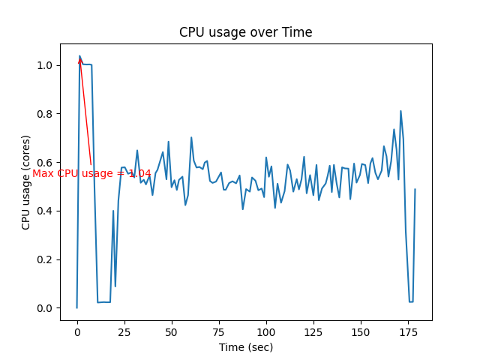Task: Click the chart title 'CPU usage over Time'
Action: tap(245, 32)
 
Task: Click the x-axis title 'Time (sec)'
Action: tap(246, 347)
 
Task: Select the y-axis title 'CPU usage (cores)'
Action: tap(26, 182)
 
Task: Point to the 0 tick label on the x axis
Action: tap(77, 331)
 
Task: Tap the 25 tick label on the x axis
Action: tap(124, 331)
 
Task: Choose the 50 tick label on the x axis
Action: tap(172, 331)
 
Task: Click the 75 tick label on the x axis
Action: tap(219, 331)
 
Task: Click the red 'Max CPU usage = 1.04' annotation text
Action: tap(91, 173)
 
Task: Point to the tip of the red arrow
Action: tap(79, 56)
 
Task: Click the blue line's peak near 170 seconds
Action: tap(400, 111)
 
